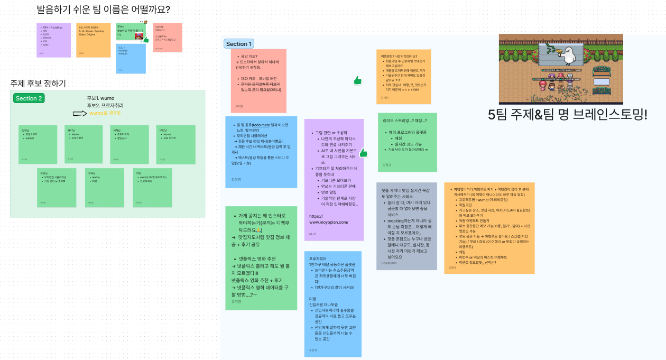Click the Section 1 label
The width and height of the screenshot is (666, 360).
[x=239, y=44]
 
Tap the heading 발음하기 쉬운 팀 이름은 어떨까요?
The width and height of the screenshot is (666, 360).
[x=103, y=10]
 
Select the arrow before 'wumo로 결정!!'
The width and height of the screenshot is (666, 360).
[x=79, y=113]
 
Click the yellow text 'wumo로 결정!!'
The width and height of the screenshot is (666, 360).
[x=105, y=113]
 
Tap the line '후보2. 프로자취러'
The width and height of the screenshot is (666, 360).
[x=105, y=106]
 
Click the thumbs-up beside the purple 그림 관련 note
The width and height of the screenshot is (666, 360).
[x=363, y=153]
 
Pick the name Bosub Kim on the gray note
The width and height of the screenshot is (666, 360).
[x=389, y=263]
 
